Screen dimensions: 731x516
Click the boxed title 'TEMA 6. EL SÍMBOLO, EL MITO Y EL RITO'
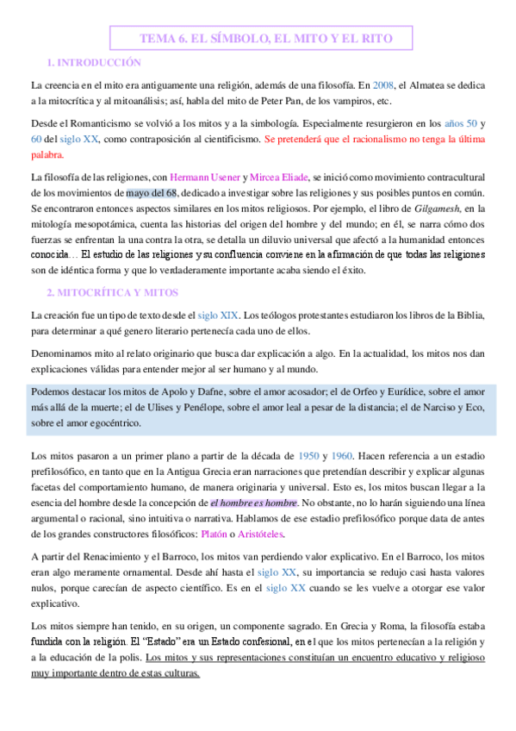[x=260, y=39]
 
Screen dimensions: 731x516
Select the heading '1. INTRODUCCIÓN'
[x=94, y=63]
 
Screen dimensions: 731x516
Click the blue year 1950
[x=308, y=454]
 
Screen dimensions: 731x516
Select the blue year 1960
[x=342, y=454]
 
